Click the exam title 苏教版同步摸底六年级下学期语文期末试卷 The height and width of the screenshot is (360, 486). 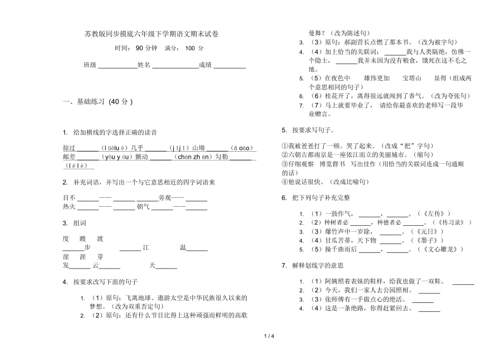(x=151, y=34)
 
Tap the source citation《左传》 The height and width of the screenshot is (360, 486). (x=429, y=214)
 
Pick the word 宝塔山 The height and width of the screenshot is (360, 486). (x=412, y=78)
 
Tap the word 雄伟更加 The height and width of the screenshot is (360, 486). (x=377, y=78)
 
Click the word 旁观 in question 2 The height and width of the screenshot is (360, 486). (x=165, y=198)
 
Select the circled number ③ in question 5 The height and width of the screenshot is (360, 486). (x=284, y=164)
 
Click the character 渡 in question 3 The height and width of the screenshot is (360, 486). (x=100, y=238)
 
